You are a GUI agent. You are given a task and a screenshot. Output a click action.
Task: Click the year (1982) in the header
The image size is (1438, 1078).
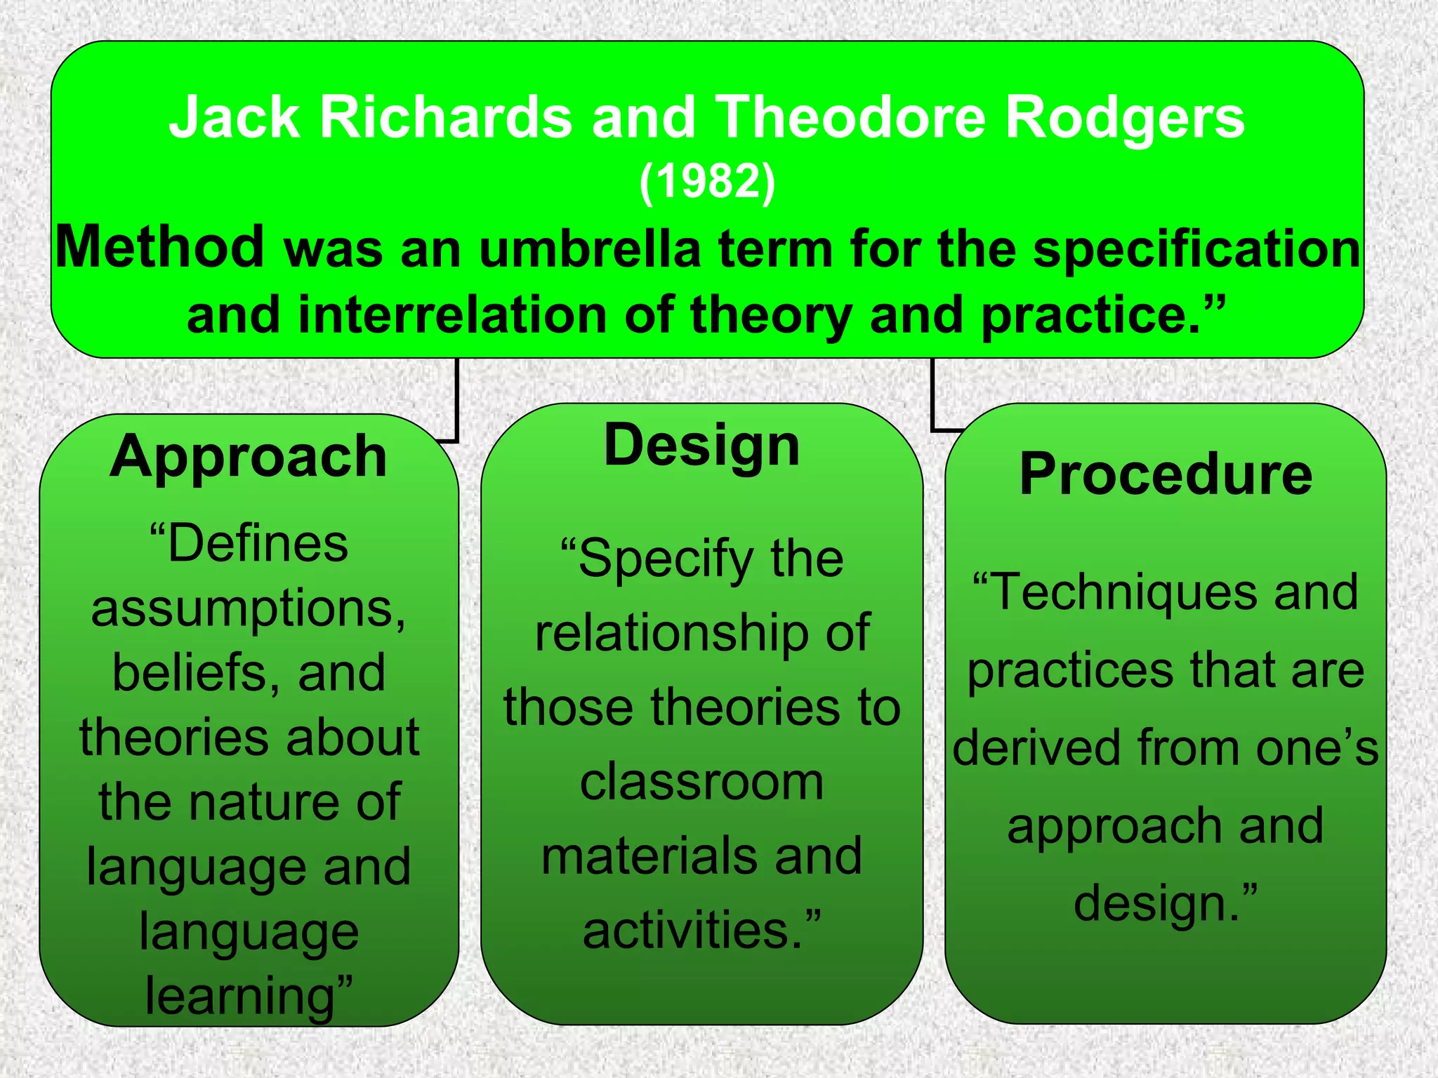pyautogui.click(x=707, y=181)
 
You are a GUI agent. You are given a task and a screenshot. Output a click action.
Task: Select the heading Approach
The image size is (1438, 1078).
pyautogui.click(x=249, y=457)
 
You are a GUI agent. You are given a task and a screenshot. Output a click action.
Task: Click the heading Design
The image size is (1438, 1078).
pyautogui.click(x=701, y=447)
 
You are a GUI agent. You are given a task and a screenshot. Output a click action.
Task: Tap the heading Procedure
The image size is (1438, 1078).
pyautogui.click(x=1166, y=474)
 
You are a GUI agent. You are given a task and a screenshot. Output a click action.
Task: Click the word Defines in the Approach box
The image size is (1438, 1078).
pyautogui.click(x=257, y=544)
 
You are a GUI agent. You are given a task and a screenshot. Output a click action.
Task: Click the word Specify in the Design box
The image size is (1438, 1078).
pyautogui.click(x=664, y=560)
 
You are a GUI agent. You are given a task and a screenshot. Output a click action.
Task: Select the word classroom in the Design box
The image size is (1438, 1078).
pyautogui.click(x=701, y=782)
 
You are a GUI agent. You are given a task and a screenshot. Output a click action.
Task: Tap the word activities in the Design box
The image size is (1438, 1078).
pyautogui.click(x=692, y=931)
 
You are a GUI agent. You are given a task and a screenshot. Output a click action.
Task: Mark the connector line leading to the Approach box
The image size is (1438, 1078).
pyautogui.click(x=457, y=400)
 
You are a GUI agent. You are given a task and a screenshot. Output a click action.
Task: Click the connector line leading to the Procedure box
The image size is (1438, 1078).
pyautogui.click(x=932, y=397)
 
